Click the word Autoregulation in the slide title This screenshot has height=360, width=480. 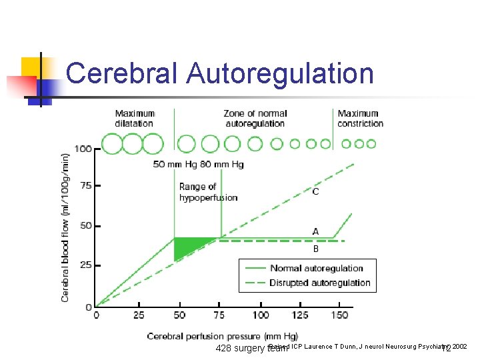pos(280,73)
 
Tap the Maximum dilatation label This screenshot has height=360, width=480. pos(135,118)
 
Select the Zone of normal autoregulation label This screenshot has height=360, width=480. pos(254,118)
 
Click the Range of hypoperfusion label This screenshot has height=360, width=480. pos(208,192)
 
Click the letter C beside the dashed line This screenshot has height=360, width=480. pos(315,192)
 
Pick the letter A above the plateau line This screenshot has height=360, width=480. pos(315,231)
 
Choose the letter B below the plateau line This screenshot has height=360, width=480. pos(315,249)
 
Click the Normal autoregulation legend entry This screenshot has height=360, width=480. pos(316,269)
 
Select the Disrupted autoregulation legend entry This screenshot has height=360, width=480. pos(320,283)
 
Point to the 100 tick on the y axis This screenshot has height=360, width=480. pos(83,148)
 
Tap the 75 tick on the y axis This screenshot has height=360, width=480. pos(85,185)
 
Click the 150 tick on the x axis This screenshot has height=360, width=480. pos(340,315)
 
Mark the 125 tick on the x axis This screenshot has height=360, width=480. pos(300,315)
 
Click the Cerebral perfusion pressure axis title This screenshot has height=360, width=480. pos(222,336)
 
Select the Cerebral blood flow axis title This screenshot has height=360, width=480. pos(65,227)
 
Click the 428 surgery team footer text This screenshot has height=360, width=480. pos(250,349)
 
